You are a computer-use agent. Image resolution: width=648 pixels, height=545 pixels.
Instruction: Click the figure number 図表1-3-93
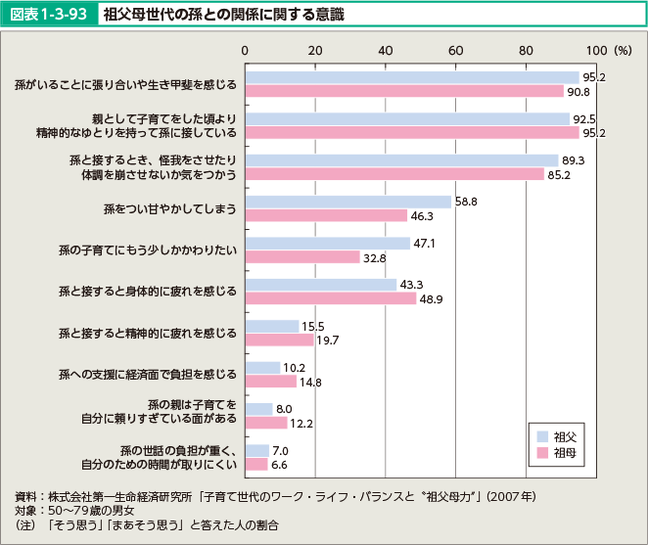pyautogui.click(x=50, y=15)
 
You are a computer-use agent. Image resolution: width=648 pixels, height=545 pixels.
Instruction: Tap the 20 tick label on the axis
pyautogui.click(x=315, y=49)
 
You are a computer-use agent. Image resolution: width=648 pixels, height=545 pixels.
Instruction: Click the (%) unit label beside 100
pyautogui.click(x=623, y=49)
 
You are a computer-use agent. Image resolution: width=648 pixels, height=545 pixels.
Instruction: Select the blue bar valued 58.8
pyautogui.click(x=347, y=202)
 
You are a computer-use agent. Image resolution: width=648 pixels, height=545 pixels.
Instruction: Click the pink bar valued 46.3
pyautogui.click(x=326, y=215)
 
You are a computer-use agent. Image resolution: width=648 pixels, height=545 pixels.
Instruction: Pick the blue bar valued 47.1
pyautogui.click(x=327, y=244)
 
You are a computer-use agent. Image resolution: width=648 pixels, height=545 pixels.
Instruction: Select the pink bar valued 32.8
pyautogui.click(x=302, y=257)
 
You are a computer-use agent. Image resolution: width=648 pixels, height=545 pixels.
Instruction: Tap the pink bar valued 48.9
pyautogui.click(x=330, y=298)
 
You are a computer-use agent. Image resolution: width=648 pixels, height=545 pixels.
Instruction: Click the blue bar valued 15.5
pyautogui.click(x=272, y=326)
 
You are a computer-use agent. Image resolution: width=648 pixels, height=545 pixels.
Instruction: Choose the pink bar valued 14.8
pyautogui.click(x=270, y=382)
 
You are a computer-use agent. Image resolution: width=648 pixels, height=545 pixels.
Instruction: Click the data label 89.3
pyautogui.click(x=574, y=160)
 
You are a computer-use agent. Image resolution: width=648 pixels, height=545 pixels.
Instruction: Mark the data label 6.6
pyautogui.click(x=280, y=465)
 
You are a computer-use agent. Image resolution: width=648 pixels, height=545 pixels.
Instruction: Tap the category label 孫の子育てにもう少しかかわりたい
pyautogui.click(x=148, y=250)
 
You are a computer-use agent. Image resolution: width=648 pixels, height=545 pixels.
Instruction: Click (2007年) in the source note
pyautogui.click(x=512, y=496)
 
